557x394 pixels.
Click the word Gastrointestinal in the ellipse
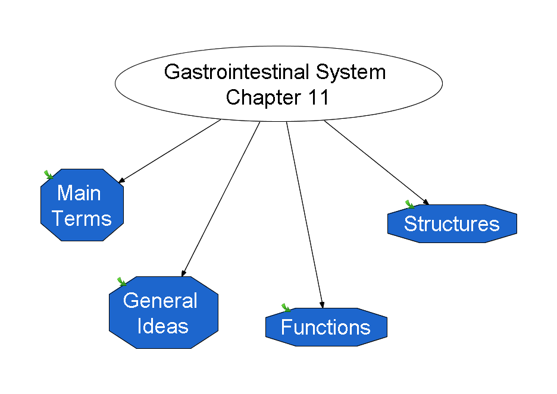[x=237, y=72]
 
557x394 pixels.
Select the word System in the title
[x=351, y=73]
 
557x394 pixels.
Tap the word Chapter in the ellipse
[x=264, y=98]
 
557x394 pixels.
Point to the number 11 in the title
[x=318, y=97]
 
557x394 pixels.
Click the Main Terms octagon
[x=82, y=205]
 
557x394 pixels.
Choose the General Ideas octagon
[x=164, y=313]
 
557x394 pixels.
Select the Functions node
[x=326, y=327]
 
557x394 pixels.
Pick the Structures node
[x=452, y=224]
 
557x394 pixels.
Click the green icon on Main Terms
[x=48, y=175]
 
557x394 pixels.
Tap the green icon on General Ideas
[x=121, y=282]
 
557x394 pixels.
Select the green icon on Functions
[x=286, y=307]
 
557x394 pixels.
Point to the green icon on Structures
[x=409, y=204]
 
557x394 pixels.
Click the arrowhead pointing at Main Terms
[x=121, y=180]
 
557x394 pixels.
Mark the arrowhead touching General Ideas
[x=184, y=273]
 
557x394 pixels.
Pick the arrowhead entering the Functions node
[x=322, y=304]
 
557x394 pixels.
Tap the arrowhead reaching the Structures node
[x=426, y=202]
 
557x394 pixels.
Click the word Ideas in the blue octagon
[x=162, y=326]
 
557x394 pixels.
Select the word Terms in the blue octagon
[x=82, y=219]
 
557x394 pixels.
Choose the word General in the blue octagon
[x=160, y=301]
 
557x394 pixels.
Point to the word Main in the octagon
[x=79, y=193]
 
